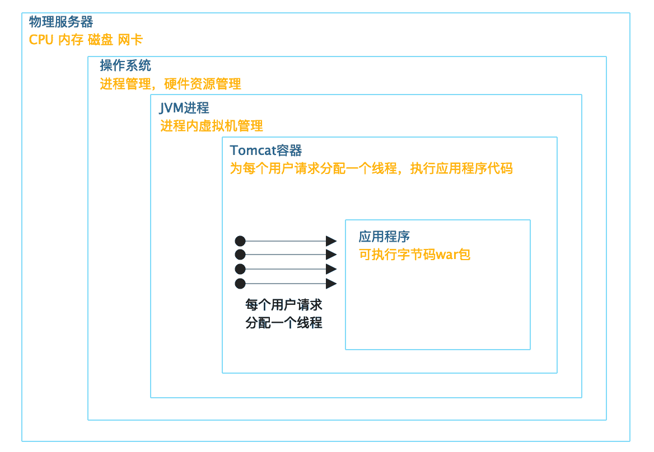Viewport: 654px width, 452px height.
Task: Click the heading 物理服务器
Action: coord(61,22)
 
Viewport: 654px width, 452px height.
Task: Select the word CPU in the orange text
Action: coord(41,40)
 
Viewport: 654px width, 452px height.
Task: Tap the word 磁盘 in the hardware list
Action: coord(100,40)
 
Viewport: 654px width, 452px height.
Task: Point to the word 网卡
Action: coord(130,40)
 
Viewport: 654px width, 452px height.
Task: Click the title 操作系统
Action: coord(125,65)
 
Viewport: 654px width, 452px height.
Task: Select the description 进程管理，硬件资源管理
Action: coord(170,84)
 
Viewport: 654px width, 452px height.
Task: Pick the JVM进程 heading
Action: coord(184,107)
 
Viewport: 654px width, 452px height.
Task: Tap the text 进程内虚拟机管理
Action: coord(212,126)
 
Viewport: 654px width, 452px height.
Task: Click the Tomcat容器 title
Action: coord(266,150)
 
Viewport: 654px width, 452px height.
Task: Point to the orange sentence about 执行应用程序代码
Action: coord(371,168)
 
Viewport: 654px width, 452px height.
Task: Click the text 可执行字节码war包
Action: coord(414,255)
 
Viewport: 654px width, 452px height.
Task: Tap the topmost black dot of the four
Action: coord(240,241)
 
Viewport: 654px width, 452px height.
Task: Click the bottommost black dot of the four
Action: coord(240,283)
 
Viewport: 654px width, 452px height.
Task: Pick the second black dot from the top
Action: coord(240,255)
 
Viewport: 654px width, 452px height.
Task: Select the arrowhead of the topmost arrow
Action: coord(331,241)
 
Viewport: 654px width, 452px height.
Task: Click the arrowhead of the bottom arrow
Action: coord(331,283)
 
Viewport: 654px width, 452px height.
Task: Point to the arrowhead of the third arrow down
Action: coord(331,269)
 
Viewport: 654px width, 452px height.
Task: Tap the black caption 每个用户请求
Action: coord(284,305)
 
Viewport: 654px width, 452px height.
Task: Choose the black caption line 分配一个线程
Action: coord(284,323)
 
